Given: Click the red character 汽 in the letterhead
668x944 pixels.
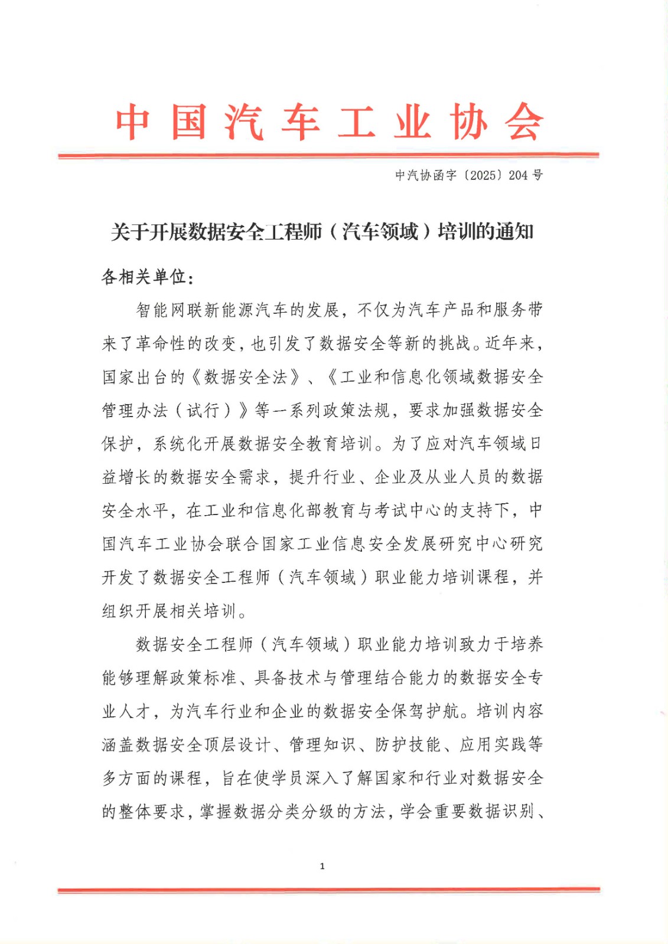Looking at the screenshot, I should click(244, 122).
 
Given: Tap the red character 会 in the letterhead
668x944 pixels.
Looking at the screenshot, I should click(523, 122).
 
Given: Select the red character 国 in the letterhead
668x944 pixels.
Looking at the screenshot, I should click(188, 122).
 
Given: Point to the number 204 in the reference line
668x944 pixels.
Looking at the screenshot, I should click(518, 175).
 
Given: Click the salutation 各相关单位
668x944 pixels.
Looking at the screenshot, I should click(144, 277).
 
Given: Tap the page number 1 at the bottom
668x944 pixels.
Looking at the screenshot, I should click(322, 866).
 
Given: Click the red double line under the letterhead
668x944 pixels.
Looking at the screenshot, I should click(328, 155).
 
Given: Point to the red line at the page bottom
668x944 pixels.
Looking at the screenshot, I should click(328, 890).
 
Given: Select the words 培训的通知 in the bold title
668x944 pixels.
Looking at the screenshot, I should click(485, 232).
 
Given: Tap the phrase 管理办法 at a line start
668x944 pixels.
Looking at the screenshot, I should click(135, 411).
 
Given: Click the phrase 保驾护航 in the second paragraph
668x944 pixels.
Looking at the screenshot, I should click(425, 712).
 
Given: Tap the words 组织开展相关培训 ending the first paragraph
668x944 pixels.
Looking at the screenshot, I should click(170, 611).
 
